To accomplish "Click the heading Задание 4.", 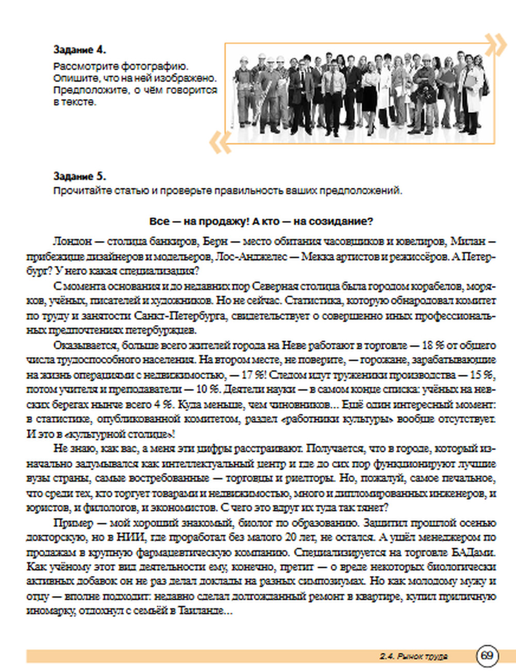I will click(x=79, y=50).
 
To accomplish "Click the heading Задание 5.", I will click(x=79, y=177).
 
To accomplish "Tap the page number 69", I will click(x=487, y=656).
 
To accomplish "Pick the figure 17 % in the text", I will click(x=252, y=375).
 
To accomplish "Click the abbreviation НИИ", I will click(x=129, y=537).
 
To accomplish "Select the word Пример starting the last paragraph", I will click(x=70, y=523).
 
